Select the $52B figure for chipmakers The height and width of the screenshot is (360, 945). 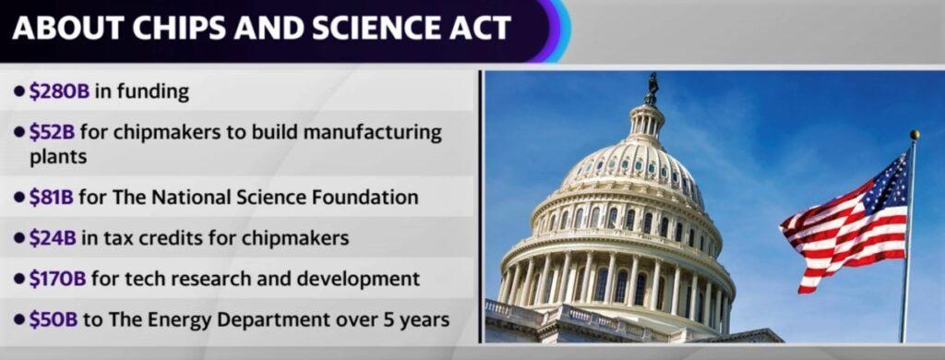[52, 132]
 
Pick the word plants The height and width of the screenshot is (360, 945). [57, 157]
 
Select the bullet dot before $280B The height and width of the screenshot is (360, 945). [19, 91]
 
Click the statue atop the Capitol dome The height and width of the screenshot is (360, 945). [652, 89]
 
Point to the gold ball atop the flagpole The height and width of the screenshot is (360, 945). [915, 135]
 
